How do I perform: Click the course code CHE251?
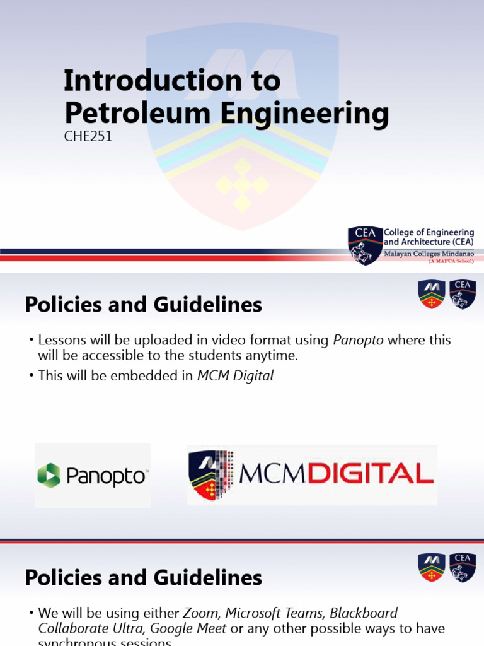pos(88,136)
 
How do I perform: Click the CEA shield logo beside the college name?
pos(365,245)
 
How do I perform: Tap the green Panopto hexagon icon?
pos(49,475)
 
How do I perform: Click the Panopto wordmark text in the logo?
pos(107,476)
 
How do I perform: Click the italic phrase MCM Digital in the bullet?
pos(236,376)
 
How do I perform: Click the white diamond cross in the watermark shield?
pos(243,184)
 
